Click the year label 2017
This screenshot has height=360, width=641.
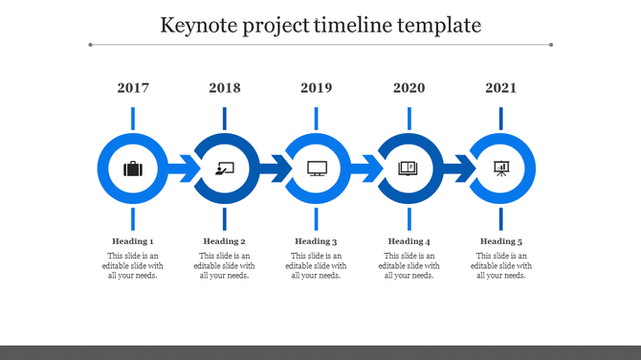[x=133, y=88]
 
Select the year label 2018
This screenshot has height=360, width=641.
[x=225, y=88]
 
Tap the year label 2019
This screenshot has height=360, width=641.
[x=317, y=88]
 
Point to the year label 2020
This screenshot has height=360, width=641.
[x=409, y=88]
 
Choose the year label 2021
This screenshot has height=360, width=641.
[x=500, y=88]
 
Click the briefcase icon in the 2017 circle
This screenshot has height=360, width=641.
[x=133, y=169]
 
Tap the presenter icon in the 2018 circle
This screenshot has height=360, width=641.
[x=225, y=169]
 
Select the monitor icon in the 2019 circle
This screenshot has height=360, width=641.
[x=317, y=169]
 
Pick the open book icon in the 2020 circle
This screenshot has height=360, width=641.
[x=409, y=169]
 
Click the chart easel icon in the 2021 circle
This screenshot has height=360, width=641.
[x=500, y=169]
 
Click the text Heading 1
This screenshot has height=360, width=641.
[x=133, y=241]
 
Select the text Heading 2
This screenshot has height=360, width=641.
[x=225, y=241]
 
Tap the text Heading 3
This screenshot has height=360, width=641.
[x=317, y=241]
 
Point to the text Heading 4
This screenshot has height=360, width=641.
[x=409, y=241]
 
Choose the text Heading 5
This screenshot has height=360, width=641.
[x=500, y=241]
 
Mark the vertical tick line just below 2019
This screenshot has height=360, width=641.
[x=317, y=118]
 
